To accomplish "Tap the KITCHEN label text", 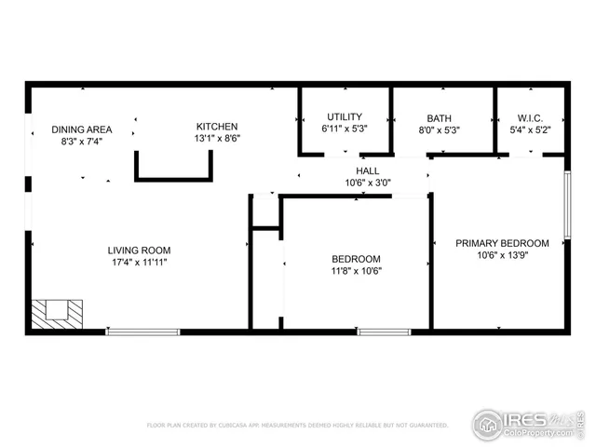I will click(216, 127).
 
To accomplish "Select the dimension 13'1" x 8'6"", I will click(216, 139).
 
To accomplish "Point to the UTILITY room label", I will click(344, 117).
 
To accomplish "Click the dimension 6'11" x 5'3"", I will click(344, 129).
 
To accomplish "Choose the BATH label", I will click(439, 118).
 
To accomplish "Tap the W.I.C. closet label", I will click(530, 118).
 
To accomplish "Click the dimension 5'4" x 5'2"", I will click(530, 130).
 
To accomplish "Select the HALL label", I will click(367, 171).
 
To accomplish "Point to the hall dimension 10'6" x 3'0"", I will click(367, 183).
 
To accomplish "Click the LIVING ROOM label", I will click(139, 250).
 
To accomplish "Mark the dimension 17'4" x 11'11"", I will click(139, 262).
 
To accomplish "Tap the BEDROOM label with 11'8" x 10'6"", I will click(357, 259).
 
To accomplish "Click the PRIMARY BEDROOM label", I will click(501, 243).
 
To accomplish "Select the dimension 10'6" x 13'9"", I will click(501, 255).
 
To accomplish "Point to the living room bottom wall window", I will click(142, 331).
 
